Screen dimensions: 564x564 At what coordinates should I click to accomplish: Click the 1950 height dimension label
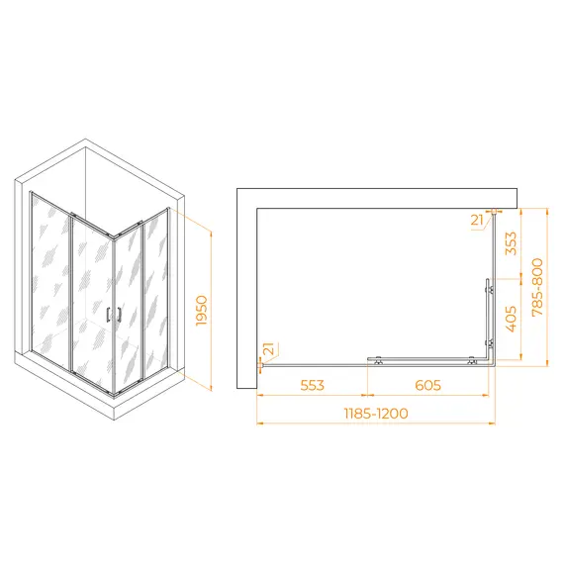pos(202,311)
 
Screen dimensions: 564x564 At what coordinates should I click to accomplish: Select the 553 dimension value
pos(313,385)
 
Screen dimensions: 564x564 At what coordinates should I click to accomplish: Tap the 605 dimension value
pos(427,385)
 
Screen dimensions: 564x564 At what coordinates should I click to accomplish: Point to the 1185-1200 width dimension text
pos(376,414)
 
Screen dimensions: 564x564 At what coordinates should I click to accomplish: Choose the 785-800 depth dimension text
pos(537,287)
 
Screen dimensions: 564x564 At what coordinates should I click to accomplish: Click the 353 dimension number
pos(511,243)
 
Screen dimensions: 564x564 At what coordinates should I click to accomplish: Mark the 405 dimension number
pos(511,319)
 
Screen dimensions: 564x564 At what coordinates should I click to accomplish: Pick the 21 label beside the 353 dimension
pos(477,220)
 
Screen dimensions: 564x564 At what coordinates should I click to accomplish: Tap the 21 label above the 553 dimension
pos(268,349)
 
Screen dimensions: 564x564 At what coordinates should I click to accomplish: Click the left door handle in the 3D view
pos(108,315)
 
